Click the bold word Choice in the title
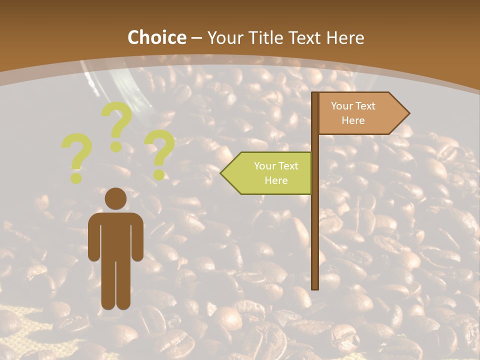click(156, 38)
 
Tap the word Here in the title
click(345, 38)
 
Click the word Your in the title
click(223, 38)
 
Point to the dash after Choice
click(196, 39)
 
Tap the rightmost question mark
click(159, 153)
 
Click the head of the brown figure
click(115, 199)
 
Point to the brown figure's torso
click(115, 235)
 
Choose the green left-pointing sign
click(270, 173)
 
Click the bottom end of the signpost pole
click(315, 287)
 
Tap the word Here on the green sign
click(276, 180)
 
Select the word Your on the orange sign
click(342, 106)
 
